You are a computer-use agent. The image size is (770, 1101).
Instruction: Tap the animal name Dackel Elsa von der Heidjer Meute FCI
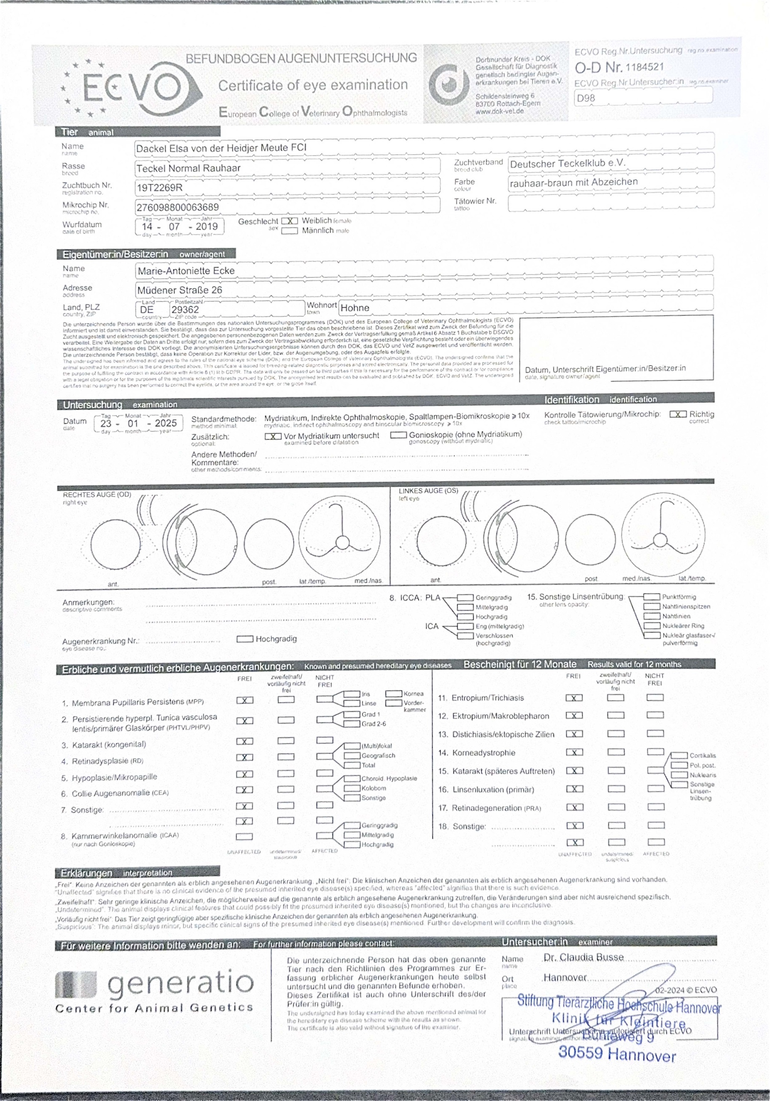click(221, 148)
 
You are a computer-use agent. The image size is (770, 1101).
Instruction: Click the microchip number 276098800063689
click(177, 207)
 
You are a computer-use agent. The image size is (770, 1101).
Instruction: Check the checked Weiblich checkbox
click(289, 221)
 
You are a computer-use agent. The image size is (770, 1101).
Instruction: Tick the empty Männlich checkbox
click(289, 231)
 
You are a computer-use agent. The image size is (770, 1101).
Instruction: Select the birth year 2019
click(207, 226)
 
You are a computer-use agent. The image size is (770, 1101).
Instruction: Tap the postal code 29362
click(185, 309)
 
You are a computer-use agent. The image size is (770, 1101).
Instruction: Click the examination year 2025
click(165, 423)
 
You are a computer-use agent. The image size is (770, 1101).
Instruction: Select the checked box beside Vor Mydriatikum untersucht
click(273, 436)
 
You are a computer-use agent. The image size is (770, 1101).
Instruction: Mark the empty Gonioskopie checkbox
click(399, 435)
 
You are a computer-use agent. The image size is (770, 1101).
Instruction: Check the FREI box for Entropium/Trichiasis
click(574, 698)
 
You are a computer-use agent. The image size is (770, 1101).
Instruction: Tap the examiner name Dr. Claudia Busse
click(584, 957)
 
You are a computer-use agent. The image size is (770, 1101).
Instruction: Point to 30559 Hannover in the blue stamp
click(617, 1054)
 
